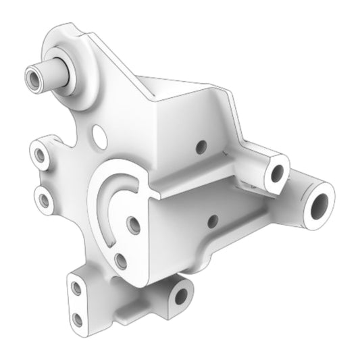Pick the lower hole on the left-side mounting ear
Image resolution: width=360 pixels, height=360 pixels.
(45, 199)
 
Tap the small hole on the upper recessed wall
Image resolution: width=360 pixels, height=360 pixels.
(199, 145)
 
